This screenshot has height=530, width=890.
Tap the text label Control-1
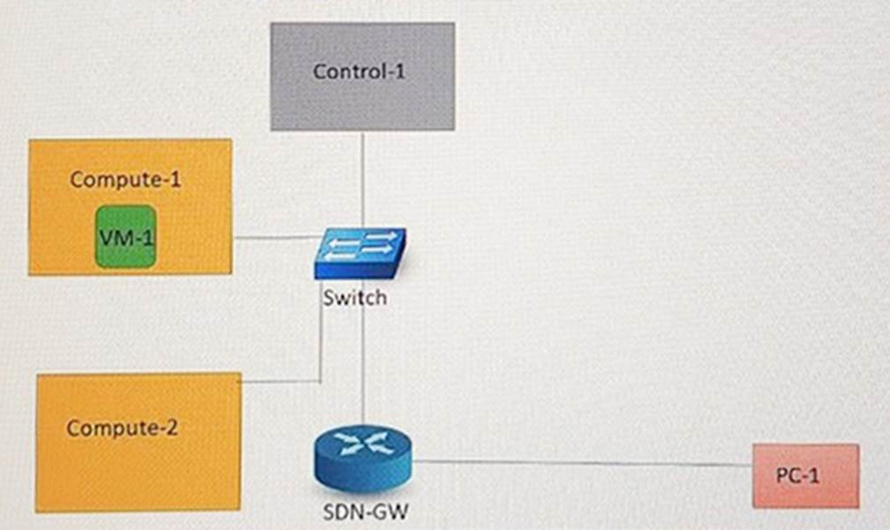pos(358,72)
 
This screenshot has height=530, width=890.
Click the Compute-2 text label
pos(122,428)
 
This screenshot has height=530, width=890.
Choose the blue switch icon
pos(359,254)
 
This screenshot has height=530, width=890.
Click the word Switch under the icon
pos(354,298)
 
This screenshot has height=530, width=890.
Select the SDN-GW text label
pos(366,510)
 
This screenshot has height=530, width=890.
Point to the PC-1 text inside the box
pos(798,475)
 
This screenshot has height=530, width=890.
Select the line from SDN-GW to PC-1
pos(583,463)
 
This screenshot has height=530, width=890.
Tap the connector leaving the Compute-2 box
pos(281,382)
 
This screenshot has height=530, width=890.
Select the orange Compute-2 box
pos(138,468)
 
